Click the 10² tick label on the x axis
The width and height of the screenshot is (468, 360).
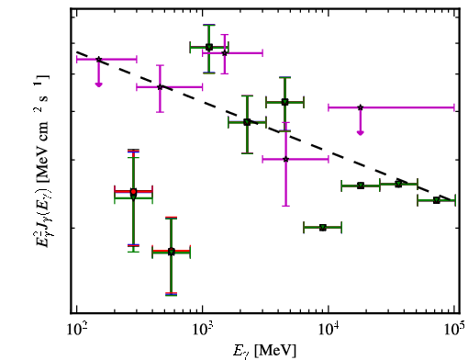[77, 330]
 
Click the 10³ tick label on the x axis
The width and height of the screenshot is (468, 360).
[203, 330]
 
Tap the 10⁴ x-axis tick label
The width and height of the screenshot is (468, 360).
[329, 330]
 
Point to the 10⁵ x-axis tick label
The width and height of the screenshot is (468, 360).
[454, 330]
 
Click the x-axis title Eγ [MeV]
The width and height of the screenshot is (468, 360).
[264, 351]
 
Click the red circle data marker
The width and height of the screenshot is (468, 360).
[133, 192]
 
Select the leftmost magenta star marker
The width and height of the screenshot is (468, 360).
[98, 60]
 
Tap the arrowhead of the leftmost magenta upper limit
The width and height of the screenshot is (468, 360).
[98, 84]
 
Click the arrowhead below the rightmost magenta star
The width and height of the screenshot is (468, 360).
[361, 133]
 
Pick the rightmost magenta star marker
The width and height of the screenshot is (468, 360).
[361, 107]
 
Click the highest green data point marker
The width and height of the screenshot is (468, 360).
[209, 47]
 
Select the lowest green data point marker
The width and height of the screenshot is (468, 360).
[172, 252]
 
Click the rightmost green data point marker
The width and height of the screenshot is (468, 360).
[437, 200]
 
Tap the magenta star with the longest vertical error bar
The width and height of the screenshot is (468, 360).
[285, 159]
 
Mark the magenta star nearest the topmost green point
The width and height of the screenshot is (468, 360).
[225, 53]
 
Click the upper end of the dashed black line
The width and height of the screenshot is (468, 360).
[77, 51]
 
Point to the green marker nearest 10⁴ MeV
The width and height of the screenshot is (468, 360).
[323, 228]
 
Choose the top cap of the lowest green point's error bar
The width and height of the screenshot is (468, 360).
[172, 218]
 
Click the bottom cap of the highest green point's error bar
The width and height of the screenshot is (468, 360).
[209, 73]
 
